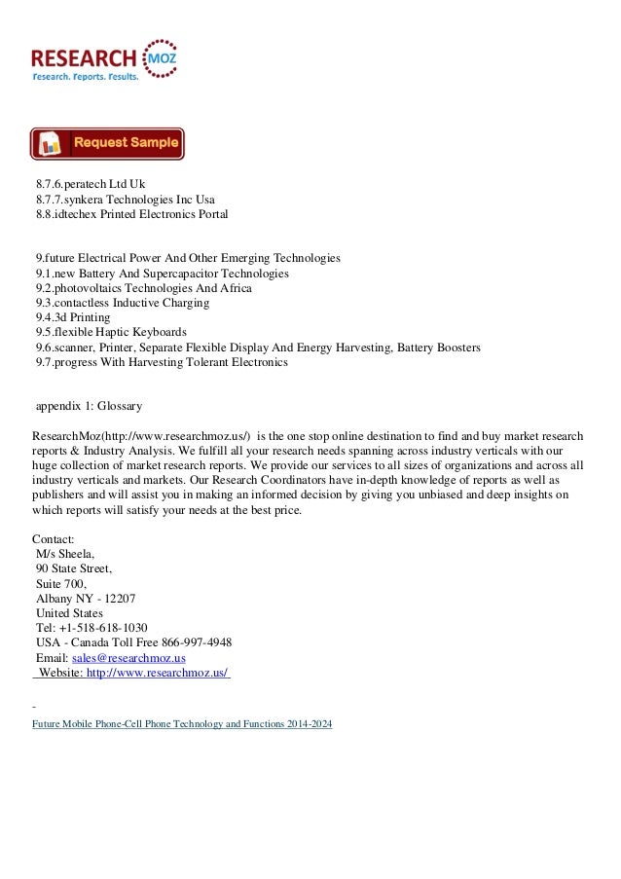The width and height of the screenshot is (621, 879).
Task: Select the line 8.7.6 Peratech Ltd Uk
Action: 91,182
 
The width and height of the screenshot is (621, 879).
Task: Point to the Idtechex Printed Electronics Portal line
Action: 131,213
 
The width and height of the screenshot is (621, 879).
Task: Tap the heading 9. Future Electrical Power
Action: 188,258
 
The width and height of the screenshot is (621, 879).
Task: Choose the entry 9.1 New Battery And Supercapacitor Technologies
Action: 162,274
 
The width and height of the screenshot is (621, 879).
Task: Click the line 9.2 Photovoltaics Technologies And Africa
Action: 143,289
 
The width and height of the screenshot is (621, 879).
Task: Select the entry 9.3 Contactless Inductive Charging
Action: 122,304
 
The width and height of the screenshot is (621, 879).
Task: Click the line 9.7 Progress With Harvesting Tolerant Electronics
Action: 162,363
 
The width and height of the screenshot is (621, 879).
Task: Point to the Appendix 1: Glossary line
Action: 89,406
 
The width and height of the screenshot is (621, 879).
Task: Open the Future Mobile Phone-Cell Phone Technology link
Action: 182,726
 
